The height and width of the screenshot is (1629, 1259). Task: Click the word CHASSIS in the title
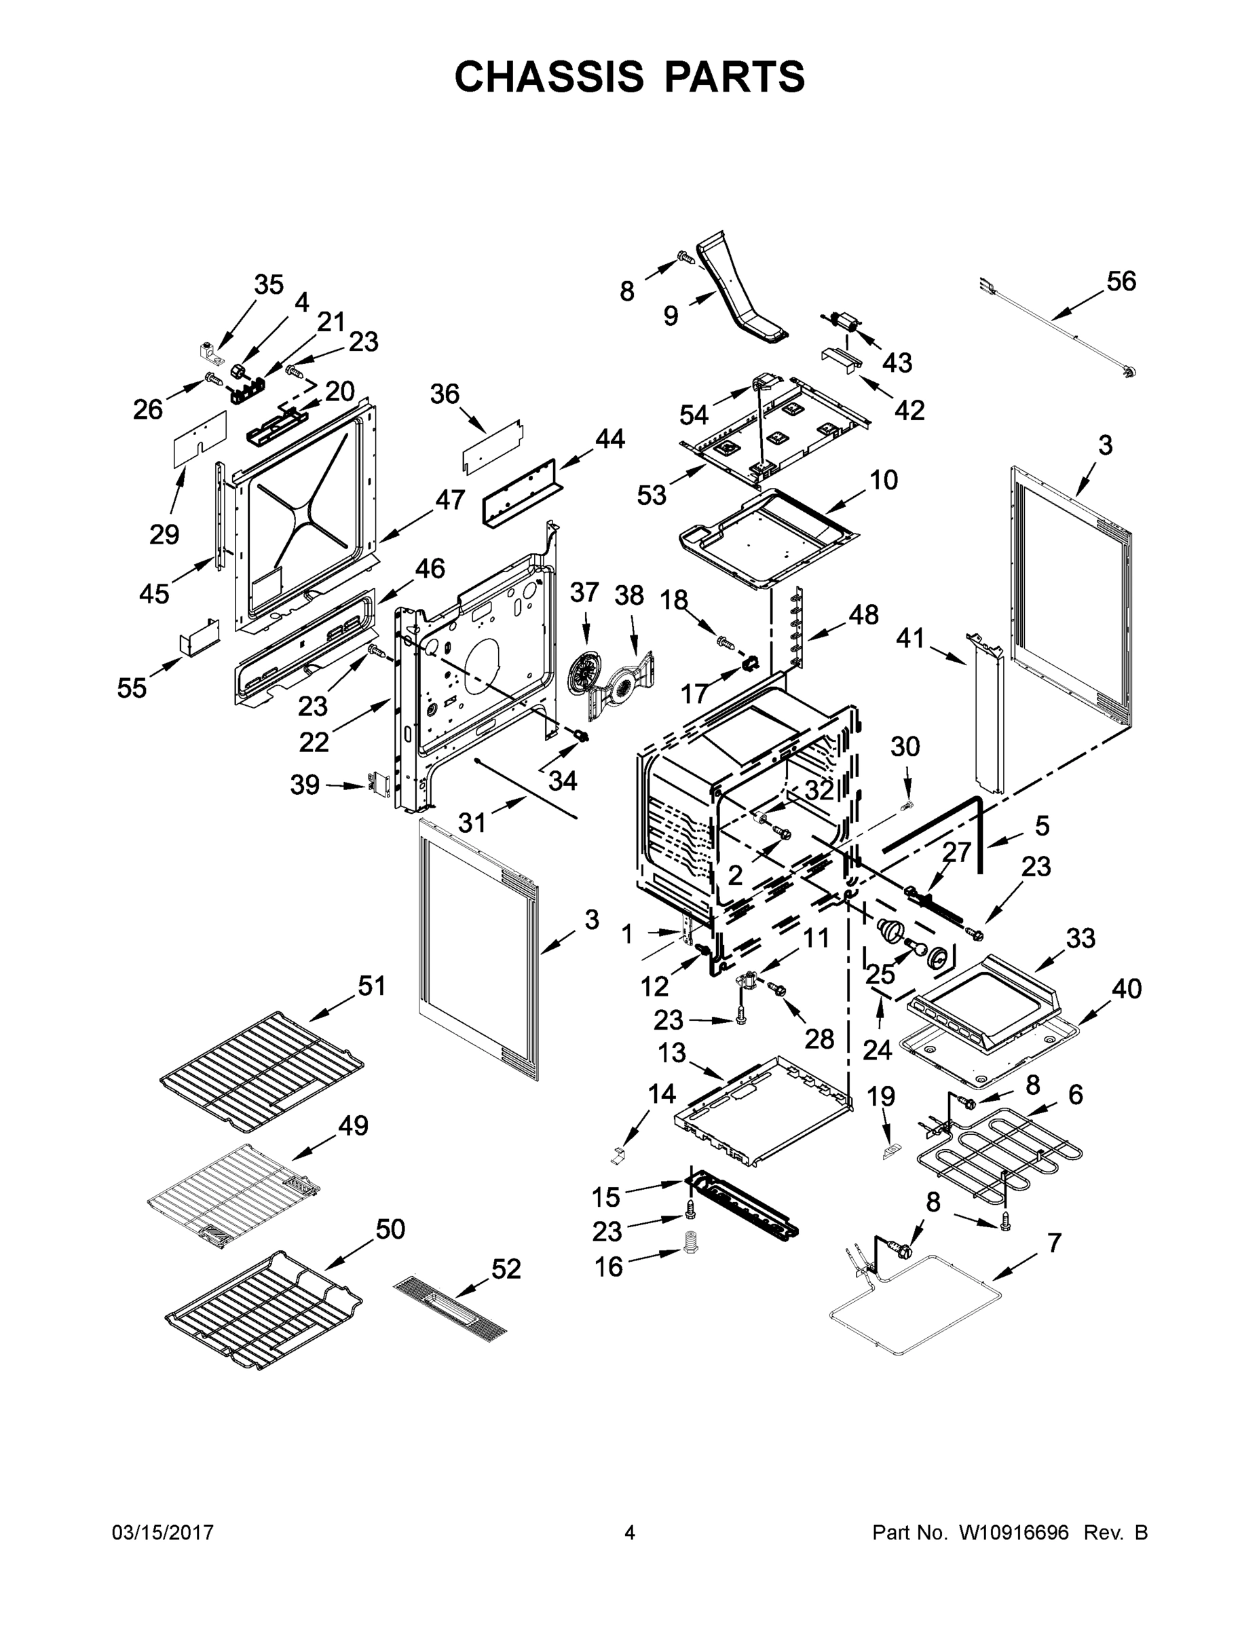coord(549,76)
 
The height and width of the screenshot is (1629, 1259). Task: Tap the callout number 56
coord(1121,281)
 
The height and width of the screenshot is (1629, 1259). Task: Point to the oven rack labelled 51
coord(261,1068)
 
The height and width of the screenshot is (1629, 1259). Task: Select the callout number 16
coord(609,1267)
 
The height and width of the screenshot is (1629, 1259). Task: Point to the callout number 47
coord(450,499)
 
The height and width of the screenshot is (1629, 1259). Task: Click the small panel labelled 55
coord(199,636)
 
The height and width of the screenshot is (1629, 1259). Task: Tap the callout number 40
coord(1126,988)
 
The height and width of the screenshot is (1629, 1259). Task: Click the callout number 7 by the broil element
coord(1054,1243)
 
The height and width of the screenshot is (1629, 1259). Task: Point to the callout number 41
coord(910,638)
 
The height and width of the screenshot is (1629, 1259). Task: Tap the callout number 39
coord(304,785)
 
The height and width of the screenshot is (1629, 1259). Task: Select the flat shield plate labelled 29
coord(198,438)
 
